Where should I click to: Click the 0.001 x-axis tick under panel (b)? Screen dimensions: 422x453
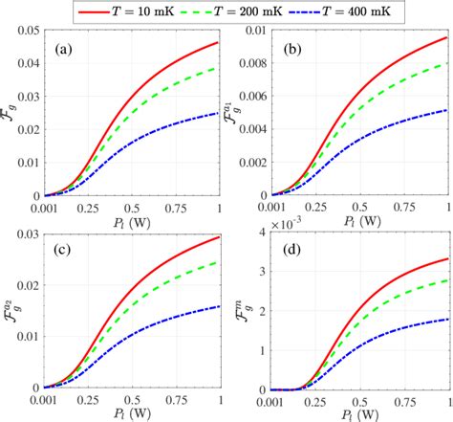pyautogui.click(x=271, y=207)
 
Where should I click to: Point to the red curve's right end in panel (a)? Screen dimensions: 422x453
pyautogui.click(x=219, y=42)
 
